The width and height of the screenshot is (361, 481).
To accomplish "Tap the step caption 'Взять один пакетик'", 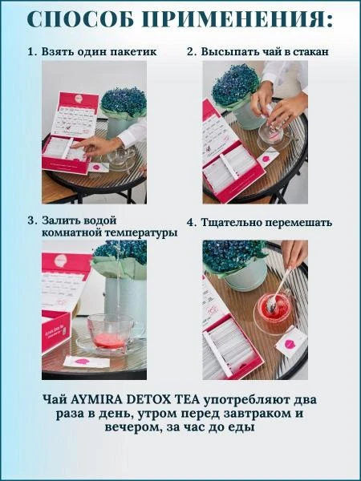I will tap(97, 51).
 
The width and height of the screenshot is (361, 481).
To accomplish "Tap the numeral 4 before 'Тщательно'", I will tap(191, 222).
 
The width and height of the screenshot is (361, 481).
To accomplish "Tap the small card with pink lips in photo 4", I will tap(290, 343).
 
